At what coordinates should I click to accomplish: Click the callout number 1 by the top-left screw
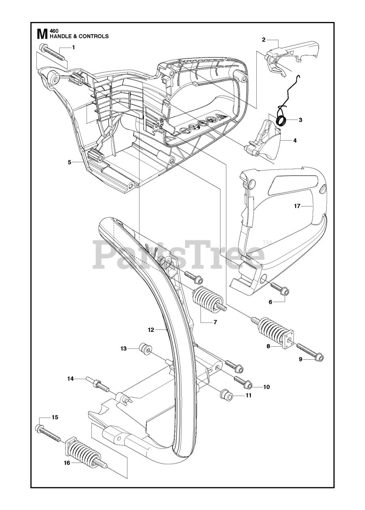73,47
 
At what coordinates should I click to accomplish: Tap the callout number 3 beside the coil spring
300,119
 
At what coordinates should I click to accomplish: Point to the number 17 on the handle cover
297,206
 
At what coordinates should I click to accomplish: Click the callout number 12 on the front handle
151,330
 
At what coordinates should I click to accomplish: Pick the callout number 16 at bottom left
67,463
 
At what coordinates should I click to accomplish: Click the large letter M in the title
40,33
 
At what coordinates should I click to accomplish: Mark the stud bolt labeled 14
98,385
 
